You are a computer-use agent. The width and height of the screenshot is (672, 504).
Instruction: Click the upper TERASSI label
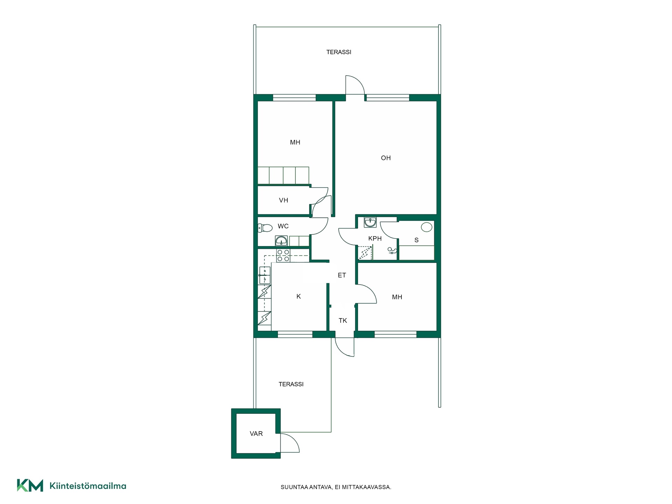(x=338, y=52)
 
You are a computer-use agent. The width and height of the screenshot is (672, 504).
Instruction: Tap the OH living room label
(x=386, y=158)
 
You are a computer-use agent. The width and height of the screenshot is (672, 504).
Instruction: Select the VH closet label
(x=283, y=200)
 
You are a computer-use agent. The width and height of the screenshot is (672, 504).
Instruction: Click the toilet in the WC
(x=265, y=228)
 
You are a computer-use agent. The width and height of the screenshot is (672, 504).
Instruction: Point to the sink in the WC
(x=281, y=241)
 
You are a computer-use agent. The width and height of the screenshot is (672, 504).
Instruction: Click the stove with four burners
(x=283, y=255)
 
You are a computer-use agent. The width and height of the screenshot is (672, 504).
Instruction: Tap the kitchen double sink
(x=265, y=275)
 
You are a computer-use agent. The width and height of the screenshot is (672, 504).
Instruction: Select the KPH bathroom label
(x=375, y=238)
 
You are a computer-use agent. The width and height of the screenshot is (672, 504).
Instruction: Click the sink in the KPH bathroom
(x=370, y=222)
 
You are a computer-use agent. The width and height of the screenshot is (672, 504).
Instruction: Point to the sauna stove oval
(x=426, y=227)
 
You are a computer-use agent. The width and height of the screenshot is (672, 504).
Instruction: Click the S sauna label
(x=416, y=240)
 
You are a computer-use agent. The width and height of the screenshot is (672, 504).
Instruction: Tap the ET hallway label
(x=342, y=275)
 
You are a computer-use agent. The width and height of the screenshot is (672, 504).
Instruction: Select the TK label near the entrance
(x=343, y=321)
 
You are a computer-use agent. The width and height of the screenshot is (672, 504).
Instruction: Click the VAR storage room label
(x=256, y=434)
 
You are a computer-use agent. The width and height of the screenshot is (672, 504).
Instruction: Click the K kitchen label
(x=299, y=296)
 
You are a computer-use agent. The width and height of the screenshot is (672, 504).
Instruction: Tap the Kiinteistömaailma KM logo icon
(x=30, y=485)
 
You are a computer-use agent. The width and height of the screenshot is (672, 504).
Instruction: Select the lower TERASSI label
(x=291, y=384)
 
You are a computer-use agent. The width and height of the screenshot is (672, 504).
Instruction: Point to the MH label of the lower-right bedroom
(x=397, y=297)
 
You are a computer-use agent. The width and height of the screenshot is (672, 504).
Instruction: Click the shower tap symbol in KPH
(x=392, y=251)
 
